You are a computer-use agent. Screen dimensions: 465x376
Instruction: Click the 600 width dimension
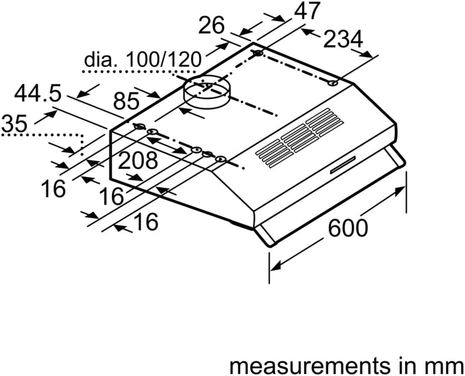(348, 228)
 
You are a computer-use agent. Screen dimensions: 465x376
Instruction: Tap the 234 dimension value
(343, 39)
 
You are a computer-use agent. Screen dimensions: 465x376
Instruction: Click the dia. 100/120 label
(143, 59)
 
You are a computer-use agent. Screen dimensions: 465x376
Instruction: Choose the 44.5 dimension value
(38, 93)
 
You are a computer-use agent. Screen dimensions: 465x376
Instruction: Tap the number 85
(126, 101)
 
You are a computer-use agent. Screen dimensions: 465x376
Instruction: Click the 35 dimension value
(14, 123)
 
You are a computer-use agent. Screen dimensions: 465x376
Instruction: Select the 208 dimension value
(138, 160)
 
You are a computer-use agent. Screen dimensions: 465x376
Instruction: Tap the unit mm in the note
(446, 366)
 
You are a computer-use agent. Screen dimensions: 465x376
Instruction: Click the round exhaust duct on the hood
(207, 91)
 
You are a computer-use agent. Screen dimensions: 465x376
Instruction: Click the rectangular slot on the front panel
(343, 165)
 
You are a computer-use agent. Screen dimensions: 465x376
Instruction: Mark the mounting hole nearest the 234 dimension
(333, 83)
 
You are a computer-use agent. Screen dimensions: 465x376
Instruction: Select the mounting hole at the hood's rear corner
(258, 53)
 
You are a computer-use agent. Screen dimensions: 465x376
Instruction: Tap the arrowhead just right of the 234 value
(367, 54)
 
